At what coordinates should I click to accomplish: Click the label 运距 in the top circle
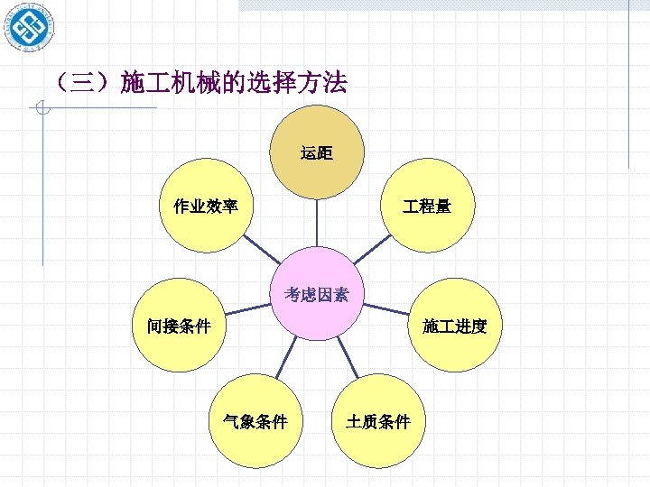[317, 153]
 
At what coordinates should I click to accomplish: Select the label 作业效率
[206, 207]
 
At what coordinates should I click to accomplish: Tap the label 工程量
[427, 207]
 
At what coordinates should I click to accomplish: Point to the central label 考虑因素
[316, 294]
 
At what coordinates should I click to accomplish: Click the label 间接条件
[179, 326]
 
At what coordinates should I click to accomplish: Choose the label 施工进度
[455, 326]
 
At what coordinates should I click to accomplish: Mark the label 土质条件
[378, 421]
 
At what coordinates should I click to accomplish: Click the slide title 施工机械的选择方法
[233, 84]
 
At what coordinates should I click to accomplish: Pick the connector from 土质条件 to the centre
[351, 358]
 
